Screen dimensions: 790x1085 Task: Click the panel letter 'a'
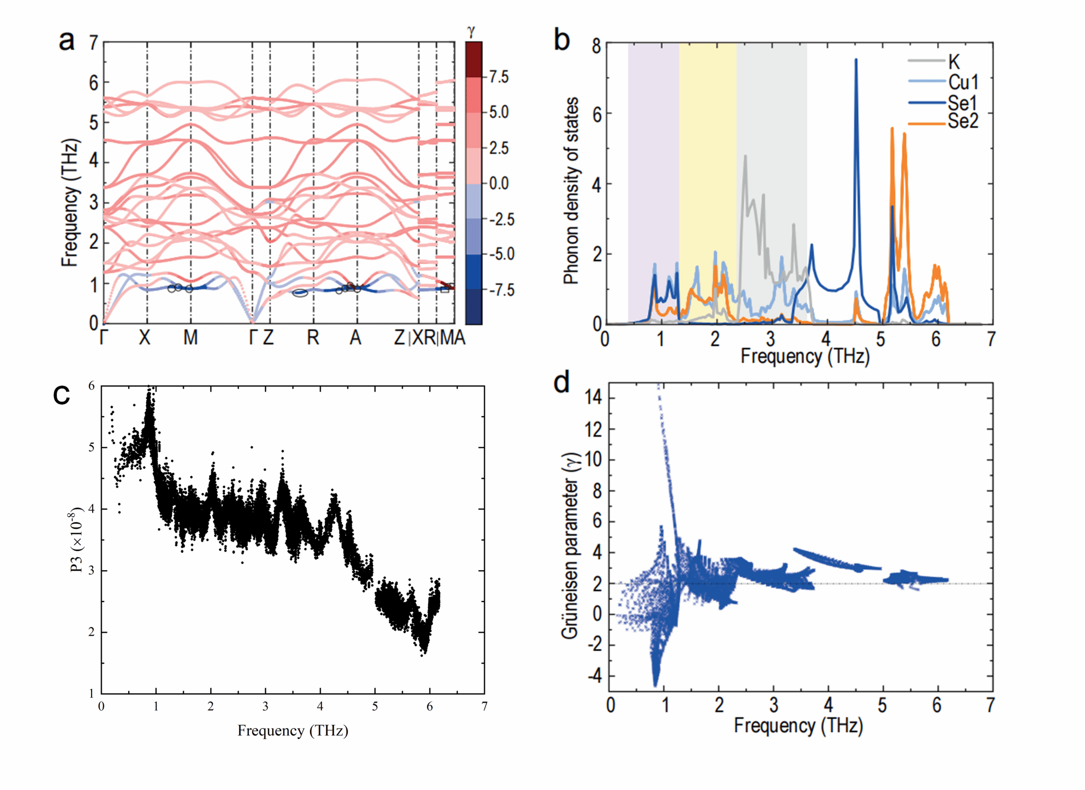coord(67,41)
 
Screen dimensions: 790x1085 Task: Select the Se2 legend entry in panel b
coord(963,122)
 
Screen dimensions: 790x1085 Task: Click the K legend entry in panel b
coord(954,62)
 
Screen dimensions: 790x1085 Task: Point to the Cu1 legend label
coord(963,83)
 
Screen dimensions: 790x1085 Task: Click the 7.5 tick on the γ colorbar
coord(499,77)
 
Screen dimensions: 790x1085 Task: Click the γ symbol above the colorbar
coord(471,32)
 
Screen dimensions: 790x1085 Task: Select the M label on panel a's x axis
coord(190,337)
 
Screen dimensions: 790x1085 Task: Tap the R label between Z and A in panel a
coord(313,337)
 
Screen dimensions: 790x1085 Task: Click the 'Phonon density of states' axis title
coord(571,191)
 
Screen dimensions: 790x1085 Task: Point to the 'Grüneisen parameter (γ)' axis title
coord(570,545)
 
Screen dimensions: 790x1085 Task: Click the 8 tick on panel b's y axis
coord(597,47)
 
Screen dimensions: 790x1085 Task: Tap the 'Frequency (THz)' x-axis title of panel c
coord(292,731)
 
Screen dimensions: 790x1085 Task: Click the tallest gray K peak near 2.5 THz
coord(745,156)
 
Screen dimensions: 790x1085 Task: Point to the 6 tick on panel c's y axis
coord(92,386)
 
